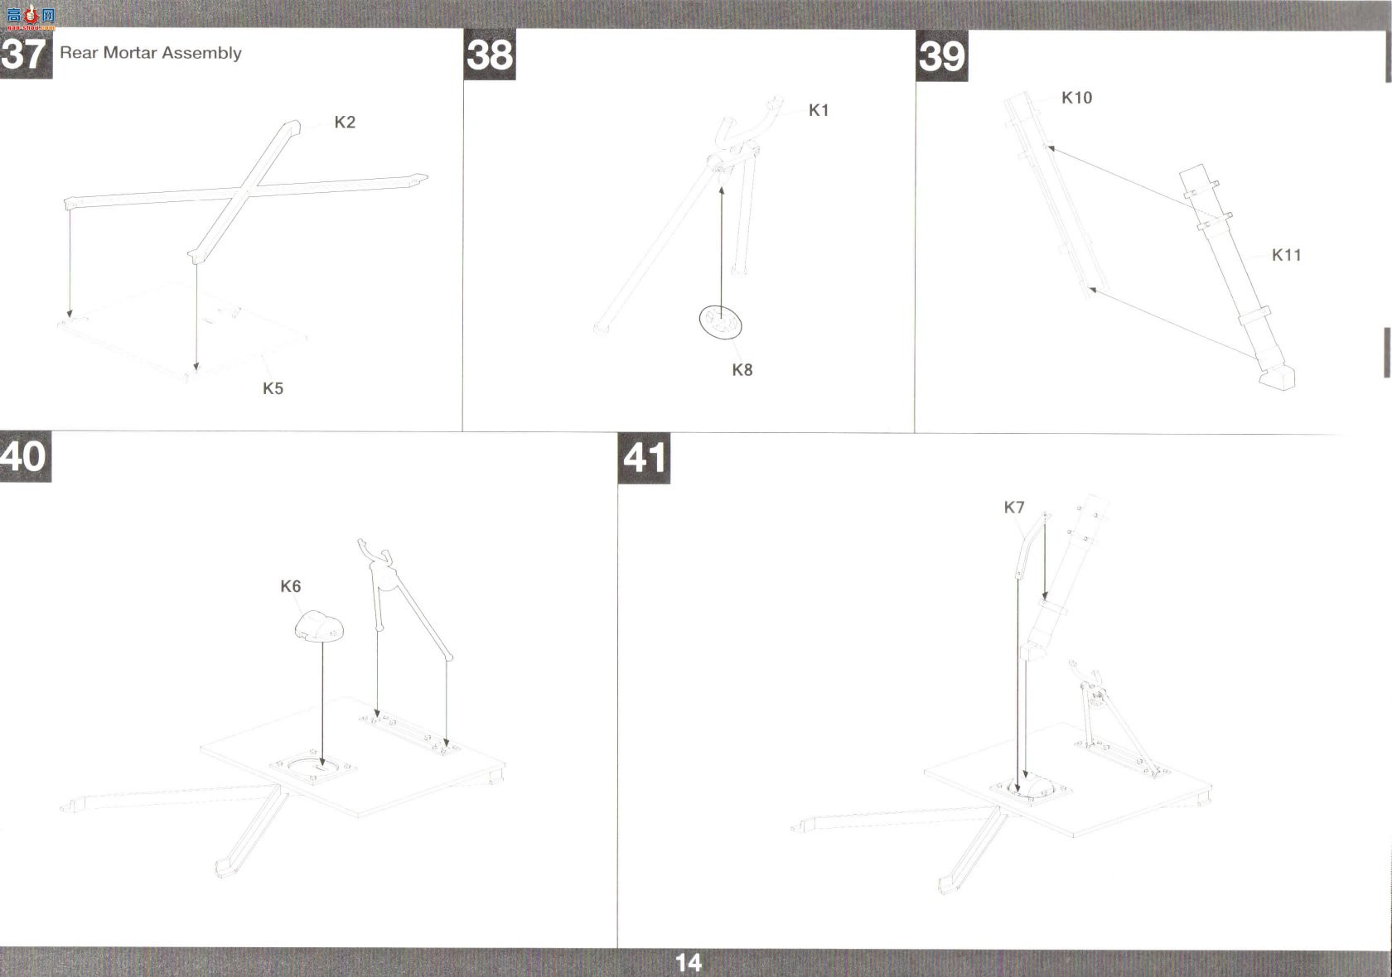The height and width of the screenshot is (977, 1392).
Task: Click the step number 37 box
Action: coord(26,54)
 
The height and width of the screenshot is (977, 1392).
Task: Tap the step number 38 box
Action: coord(490,55)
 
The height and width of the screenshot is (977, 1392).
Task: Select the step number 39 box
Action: coord(941,56)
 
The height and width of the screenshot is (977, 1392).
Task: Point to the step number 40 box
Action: coord(26,456)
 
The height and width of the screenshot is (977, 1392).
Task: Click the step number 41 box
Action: coord(644,459)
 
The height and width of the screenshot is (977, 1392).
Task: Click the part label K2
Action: coord(345,123)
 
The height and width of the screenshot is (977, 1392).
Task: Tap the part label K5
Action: coord(273,389)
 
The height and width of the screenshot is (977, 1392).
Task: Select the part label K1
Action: coord(819,111)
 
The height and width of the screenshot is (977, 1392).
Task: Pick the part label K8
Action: coord(742,370)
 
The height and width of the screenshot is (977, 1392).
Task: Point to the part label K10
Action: coord(1076,98)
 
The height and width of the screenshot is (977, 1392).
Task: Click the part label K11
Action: coord(1286,255)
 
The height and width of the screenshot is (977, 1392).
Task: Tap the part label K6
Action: coord(290,586)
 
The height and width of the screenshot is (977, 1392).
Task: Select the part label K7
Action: coord(1013,508)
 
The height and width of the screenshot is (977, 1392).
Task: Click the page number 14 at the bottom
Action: coord(688,962)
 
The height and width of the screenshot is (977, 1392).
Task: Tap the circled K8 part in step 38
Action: coord(720,322)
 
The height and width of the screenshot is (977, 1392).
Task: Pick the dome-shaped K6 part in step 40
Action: coord(319,626)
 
